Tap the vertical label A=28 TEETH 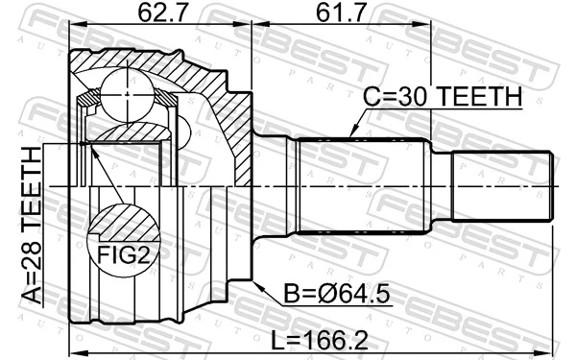32,226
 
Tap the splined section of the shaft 360,186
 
